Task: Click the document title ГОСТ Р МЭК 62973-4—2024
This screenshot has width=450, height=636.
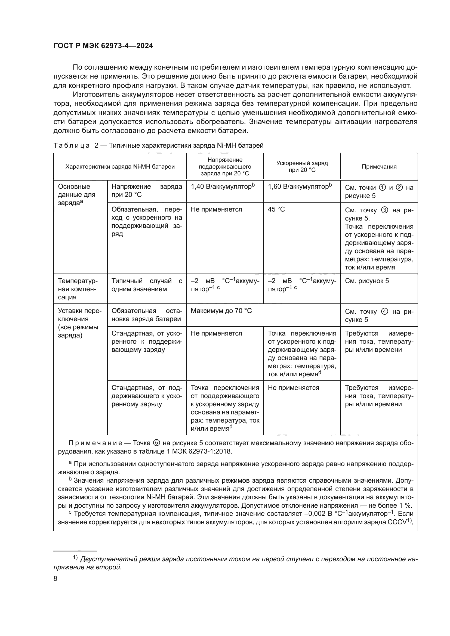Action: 103,46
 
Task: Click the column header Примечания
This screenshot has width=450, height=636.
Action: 379,166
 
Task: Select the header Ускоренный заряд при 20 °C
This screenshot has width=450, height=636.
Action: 302,166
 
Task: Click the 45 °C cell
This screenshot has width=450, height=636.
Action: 276,209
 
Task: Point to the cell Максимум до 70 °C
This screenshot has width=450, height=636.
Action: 221,311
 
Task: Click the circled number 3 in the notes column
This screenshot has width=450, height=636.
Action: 384,210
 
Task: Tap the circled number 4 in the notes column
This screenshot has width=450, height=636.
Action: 384,312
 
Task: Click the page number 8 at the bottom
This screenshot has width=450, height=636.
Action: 56,578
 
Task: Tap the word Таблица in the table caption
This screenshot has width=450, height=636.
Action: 72,145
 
